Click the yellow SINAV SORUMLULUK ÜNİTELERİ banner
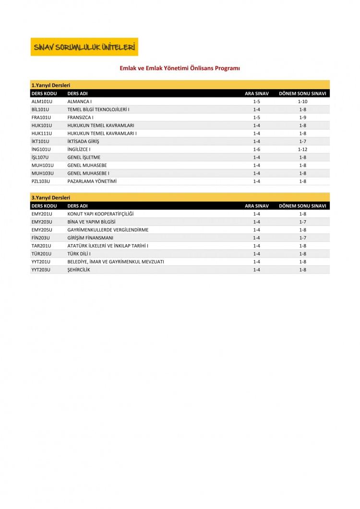pos(84,47)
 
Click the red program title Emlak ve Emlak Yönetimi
pos(180,68)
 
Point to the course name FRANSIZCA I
pos(80,118)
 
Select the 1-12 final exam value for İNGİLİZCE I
pos(302,149)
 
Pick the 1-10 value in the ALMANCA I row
pos(302,102)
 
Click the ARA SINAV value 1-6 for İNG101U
pos(256,149)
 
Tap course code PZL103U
pos(41,181)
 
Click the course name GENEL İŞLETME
pos(84,157)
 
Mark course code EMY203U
pos(41,222)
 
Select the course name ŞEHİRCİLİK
pos(79,270)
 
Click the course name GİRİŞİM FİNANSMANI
pos(90,238)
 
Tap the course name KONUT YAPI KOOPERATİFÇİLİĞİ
pos(100,214)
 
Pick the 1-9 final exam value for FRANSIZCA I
pos(302,118)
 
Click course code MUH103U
pos(42,173)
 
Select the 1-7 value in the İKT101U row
pos(302,142)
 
